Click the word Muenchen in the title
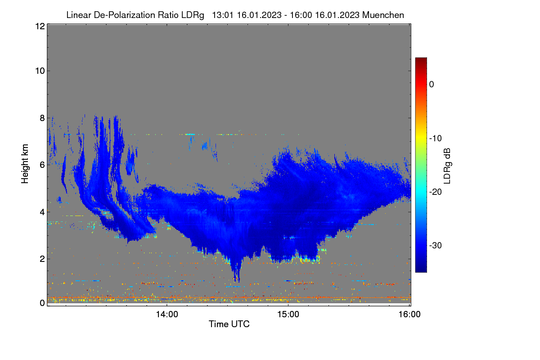[x=383, y=15]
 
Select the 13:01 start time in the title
[x=222, y=15]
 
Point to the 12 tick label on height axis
[x=40, y=26]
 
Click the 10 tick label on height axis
[x=40, y=71]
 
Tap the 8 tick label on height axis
[x=42, y=118]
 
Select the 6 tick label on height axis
[x=42, y=165]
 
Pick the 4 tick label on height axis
[x=42, y=212]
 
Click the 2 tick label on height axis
[x=42, y=259]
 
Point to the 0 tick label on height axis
[x=42, y=303]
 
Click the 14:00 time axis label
[x=167, y=315]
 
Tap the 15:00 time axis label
[x=288, y=315]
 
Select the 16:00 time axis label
[x=409, y=315]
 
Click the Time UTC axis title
[x=229, y=324]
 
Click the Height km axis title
[x=25, y=164]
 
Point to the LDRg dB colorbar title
[x=447, y=166]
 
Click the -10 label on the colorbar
[x=436, y=139]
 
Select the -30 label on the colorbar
[x=436, y=245]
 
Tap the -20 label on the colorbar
[x=436, y=192]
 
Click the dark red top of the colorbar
[x=421, y=60]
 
